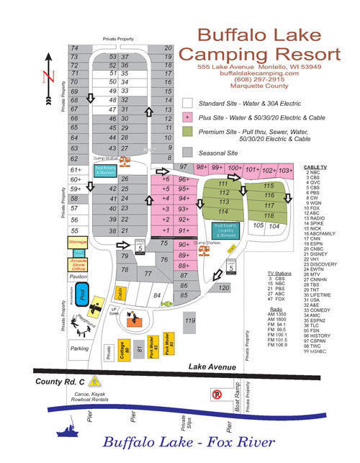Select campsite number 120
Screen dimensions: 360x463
223,288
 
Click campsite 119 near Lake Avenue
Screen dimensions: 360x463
190,320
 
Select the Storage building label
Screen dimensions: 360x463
78,243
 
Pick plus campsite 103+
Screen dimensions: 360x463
285,170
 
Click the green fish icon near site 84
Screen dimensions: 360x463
167,304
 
